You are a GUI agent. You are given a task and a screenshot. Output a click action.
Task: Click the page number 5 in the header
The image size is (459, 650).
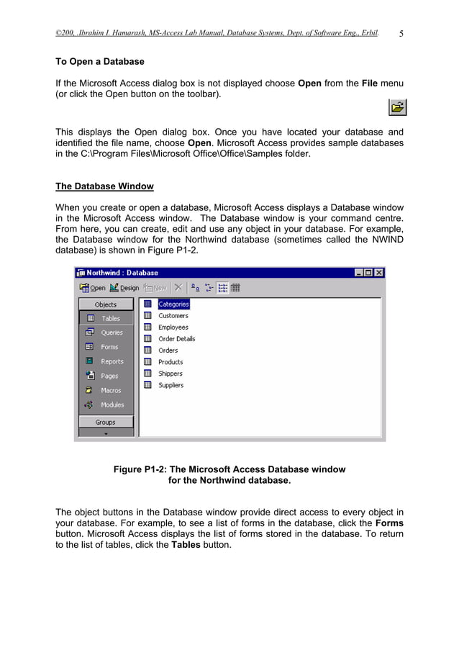coord(401,33)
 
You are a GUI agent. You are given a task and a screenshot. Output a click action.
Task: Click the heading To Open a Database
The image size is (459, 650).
coord(100,62)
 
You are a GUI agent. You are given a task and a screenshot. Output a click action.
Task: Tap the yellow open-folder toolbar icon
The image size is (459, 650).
coord(397,108)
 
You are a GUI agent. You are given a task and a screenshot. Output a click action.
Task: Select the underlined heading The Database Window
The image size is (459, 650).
coord(104,186)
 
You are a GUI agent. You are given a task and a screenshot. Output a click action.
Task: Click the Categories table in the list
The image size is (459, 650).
coord(173,304)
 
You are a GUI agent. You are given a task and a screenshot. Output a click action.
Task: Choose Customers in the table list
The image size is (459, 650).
coord(173,316)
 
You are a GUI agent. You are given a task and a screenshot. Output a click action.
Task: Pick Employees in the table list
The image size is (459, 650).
coord(173,328)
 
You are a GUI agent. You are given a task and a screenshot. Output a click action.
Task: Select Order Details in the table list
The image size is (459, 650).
coord(176,339)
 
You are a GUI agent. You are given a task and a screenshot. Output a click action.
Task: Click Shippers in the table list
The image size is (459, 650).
coord(171,374)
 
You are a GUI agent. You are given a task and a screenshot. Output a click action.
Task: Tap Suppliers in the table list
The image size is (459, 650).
coord(171,385)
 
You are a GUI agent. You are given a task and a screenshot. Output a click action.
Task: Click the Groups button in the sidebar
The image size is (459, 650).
coord(106,423)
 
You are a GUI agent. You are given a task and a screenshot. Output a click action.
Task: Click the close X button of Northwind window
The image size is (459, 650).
coord(379,273)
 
